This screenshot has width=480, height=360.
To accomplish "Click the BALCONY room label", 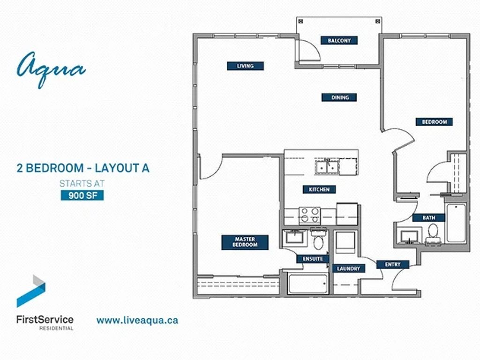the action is [x=339, y=40].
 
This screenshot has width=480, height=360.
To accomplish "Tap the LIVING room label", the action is [x=245, y=66].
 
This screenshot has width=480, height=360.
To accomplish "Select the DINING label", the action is [x=340, y=97].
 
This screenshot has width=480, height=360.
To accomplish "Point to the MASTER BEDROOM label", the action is [x=245, y=242].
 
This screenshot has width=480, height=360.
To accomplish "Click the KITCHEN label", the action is [x=319, y=189].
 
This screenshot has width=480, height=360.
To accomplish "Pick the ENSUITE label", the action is [x=313, y=259].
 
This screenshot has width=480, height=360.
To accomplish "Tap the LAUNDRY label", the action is [x=349, y=269].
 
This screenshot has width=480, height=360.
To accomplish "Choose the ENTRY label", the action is [x=393, y=264].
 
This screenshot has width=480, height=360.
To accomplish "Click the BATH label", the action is [x=428, y=217].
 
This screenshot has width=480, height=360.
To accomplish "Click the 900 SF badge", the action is [x=82, y=195].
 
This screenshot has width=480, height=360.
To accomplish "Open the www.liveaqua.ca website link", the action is [x=137, y=320].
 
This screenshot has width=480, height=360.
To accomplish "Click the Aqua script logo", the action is [x=51, y=69].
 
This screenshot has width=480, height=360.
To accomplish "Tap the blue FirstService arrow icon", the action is [x=31, y=291].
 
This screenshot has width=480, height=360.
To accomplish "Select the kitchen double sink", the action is [x=327, y=167].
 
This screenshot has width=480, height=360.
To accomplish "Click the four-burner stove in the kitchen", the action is [x=309, y=216].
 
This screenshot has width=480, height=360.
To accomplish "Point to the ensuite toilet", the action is [x=318, y=239].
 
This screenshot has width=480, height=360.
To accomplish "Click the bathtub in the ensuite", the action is [x=308, y=284].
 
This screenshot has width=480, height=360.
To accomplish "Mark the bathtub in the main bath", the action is [x=456, y=224].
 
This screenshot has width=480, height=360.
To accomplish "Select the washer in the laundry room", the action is [x=345, y=242].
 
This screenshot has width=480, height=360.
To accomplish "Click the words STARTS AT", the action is [x=82, y=183].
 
